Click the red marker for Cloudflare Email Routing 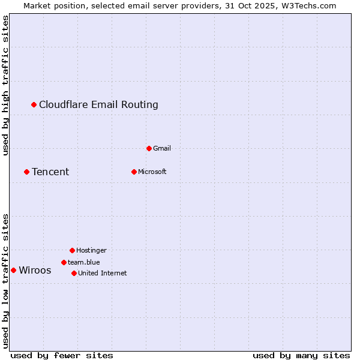point(34,105)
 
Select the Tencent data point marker point(26,172)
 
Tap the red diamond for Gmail point(149,148)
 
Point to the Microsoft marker point(134,172)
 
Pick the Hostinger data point point(72,250)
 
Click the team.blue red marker point(64,262)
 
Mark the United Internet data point point(74,273)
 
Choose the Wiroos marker point(13,271)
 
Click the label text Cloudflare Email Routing point(98,105)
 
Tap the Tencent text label point(50,172)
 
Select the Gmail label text point(162,148)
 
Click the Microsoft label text point(152,172)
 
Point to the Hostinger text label point(91,250)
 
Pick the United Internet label point(103,273)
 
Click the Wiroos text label point(35,271)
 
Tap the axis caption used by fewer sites point(62,355)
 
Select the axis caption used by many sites point(301,355)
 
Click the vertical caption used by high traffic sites point(6,85)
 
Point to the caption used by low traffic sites point(6,281)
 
